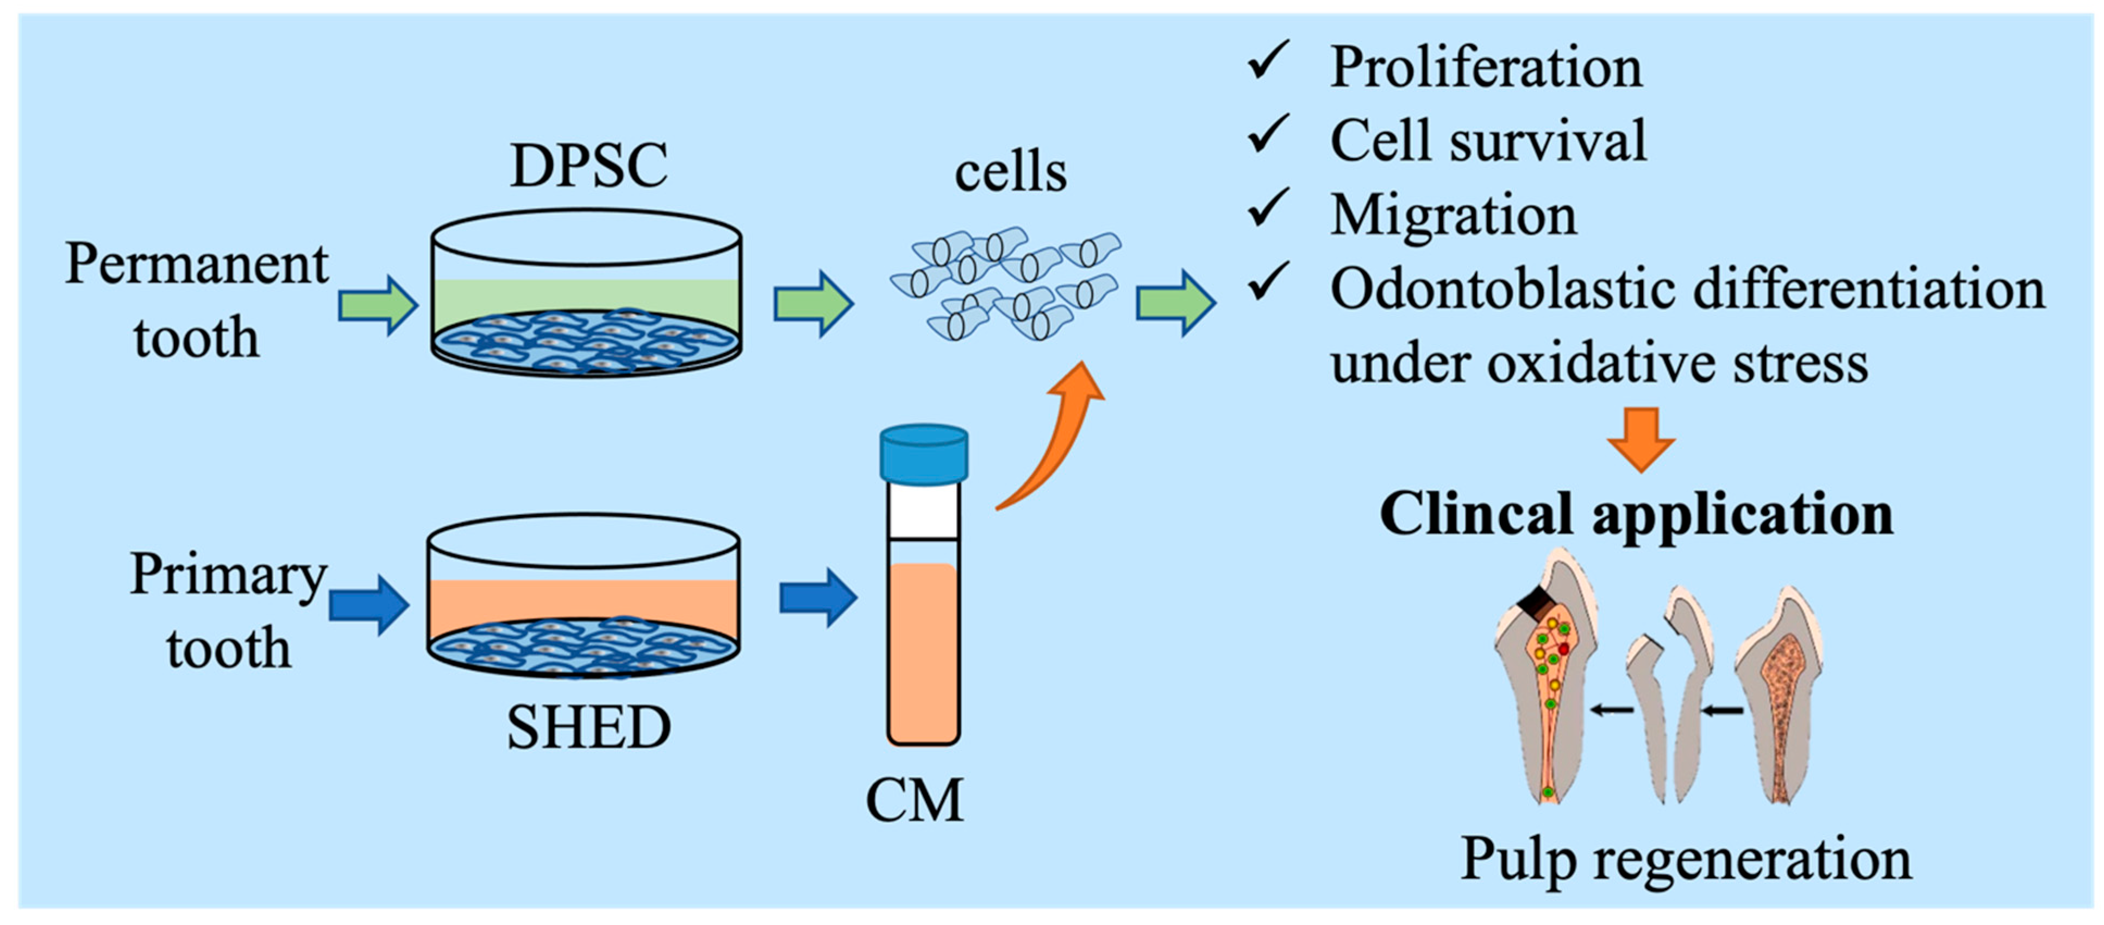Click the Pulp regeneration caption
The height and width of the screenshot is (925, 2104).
coord(1685,859)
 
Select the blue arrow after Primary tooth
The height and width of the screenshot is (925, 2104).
coord(369,604)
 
